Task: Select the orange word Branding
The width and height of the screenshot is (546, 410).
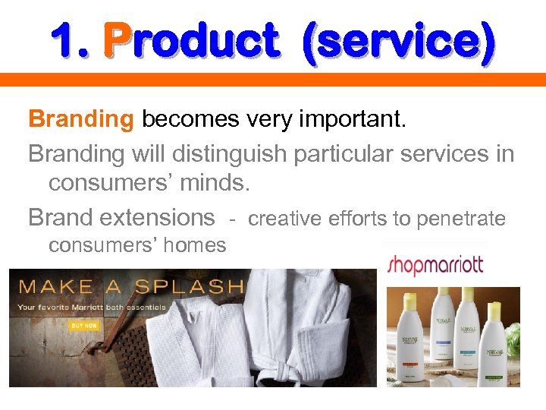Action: (80, 119)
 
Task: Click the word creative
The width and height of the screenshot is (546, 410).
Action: (286, 219)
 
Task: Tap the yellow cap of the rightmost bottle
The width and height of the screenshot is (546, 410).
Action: (494, 311)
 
